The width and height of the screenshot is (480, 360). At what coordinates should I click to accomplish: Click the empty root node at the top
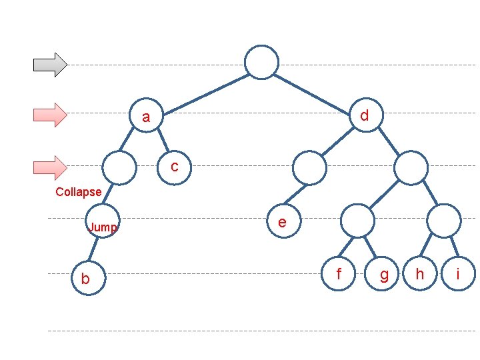click(x=261, y=62)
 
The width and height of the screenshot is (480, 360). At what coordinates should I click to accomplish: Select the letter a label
click(x=146, y=118)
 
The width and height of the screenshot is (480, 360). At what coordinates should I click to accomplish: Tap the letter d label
click(x=364, y=116)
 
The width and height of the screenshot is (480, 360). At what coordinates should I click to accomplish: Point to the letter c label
click(x=175, y=166)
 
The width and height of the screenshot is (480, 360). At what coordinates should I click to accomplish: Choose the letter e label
click(x=283, y=222)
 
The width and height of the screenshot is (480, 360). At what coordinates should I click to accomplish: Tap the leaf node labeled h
click(x=420, y=274)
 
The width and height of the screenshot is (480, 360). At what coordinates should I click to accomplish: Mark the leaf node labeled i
click(x=458, y=274)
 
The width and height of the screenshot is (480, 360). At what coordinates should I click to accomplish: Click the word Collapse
click(x=79, y=192)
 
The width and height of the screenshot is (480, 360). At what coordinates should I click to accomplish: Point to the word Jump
click(x=103, y=227)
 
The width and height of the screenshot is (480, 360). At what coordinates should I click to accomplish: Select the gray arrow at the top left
click(x=51, y=64)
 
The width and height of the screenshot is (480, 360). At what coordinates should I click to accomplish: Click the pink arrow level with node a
click(x=51, y=115)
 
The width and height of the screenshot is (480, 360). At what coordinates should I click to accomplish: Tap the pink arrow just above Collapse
click(x=51, y=167)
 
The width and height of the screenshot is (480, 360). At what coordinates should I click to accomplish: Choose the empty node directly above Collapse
click(x=120, y=167)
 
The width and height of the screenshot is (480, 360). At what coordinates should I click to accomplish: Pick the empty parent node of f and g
click(x=358, y=221)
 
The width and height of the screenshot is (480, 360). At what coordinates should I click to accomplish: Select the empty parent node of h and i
click(x=444, y=221)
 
